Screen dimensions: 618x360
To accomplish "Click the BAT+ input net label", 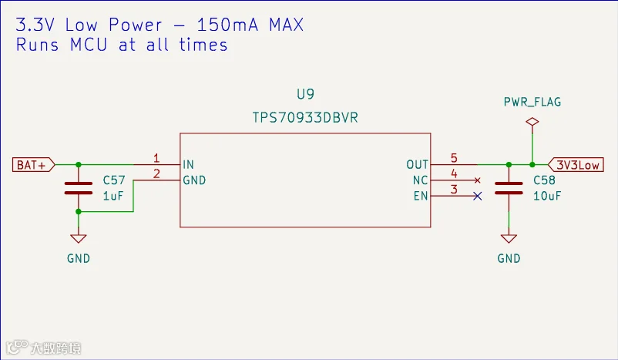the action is click(x=33, y=164).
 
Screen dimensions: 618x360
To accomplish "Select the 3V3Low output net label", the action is click(x=576, y=164).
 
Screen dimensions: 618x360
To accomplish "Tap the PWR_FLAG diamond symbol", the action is click(x=532, y=122).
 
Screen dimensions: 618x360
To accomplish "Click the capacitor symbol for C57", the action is click(x=79, y=188).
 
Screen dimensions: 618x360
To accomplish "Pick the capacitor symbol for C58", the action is click(x=509, y=188).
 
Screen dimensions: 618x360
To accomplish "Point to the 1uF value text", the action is click(x=113, y=196).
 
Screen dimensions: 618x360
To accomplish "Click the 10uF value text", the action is click(x=547, y=196).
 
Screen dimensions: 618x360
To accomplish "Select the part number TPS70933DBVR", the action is click(x=305, y=117).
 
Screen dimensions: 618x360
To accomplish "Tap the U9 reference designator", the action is click(x=305, y=94).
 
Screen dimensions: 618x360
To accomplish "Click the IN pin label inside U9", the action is click(x=188, y=164).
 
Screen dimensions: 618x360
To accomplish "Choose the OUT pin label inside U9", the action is click(x=417, y=164).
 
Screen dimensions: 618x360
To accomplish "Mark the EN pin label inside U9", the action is click(x=421, y=196).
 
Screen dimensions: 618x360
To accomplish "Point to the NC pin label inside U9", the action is click(x=420, y=180).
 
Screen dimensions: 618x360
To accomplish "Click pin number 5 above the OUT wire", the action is click(x=454, y=158).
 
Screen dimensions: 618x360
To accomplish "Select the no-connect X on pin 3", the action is click(x=477, y=196).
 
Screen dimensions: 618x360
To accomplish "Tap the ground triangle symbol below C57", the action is click(x=79, y=239).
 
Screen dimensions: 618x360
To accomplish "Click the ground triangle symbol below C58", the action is click(x=509, y=239).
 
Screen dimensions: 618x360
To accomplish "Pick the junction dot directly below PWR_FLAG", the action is click(x=532, y=164).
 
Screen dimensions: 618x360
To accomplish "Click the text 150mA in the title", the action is click(x=227, y=25).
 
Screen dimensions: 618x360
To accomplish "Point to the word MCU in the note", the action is click(x=89, y=45).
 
